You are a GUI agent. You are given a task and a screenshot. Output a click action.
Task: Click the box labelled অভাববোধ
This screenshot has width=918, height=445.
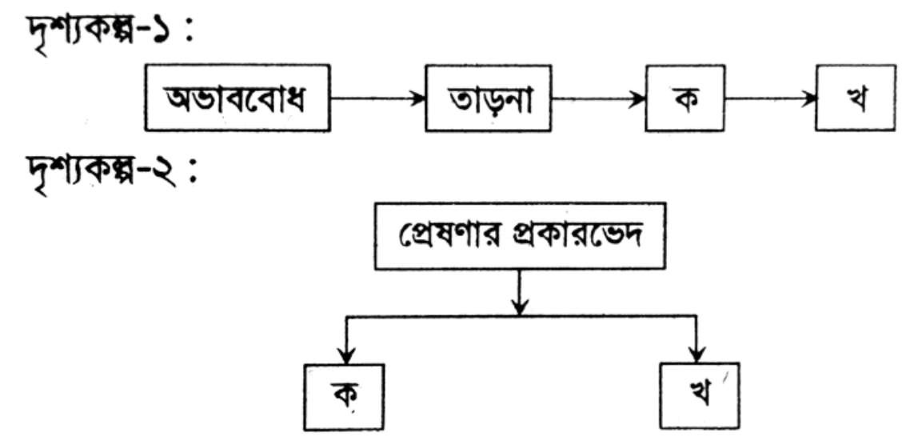tap(237, 98)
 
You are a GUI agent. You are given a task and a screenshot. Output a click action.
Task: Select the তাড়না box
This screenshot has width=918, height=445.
tap(488, 98)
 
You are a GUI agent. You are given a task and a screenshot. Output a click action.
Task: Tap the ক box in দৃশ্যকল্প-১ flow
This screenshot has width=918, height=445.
tap(685, 98)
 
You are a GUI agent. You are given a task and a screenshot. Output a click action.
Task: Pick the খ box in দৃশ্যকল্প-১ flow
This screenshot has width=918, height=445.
tap(856, 98)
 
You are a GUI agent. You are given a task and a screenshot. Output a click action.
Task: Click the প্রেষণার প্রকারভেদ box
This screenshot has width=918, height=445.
tap(521, 235)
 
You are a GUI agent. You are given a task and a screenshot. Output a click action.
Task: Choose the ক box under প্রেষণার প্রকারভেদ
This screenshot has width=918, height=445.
tap(344, 397)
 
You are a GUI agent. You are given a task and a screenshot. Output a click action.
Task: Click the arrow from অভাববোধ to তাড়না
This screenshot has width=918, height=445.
tap(377, 98)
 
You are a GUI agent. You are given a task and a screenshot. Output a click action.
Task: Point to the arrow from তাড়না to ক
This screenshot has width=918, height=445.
tap(598, 98)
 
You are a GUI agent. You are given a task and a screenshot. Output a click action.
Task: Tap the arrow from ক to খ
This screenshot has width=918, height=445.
tap(770, 98)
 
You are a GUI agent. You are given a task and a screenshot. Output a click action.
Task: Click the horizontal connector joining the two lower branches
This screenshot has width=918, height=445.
tap(521, 317)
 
